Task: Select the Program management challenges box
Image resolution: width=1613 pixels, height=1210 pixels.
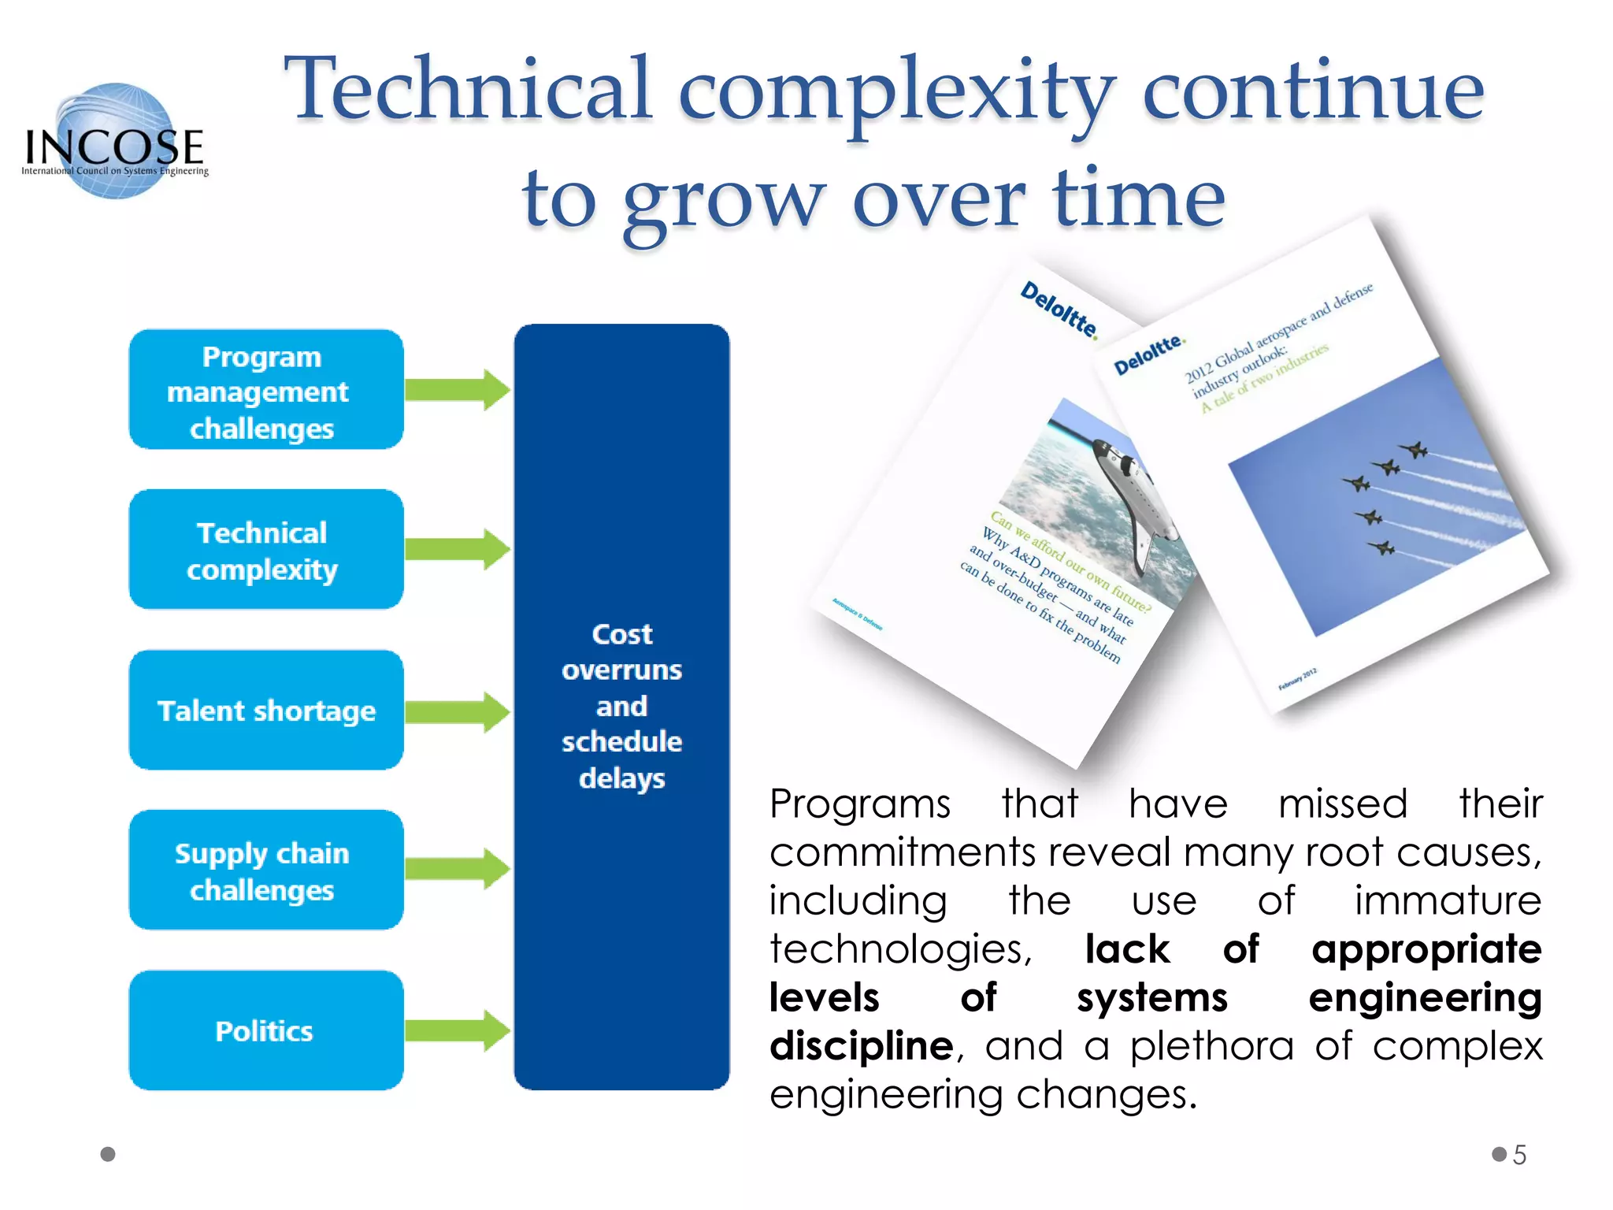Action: [266, 391]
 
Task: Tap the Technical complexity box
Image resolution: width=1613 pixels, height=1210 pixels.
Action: [266, 550]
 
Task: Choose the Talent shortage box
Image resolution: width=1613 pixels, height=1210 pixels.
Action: [266, 711]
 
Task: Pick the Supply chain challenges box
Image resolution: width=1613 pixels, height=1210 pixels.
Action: [266, 870]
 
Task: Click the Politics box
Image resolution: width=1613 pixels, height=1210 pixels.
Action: [266, 1030]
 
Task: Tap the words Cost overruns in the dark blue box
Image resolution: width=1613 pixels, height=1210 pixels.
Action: [621, 652]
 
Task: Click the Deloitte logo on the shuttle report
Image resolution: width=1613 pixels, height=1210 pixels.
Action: [1059, 310]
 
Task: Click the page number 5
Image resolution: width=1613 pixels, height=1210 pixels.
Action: [1519, 1155]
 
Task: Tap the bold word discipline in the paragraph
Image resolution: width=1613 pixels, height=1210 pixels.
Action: [861, 1046]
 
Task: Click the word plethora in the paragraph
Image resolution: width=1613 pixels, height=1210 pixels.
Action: [1211, 1046]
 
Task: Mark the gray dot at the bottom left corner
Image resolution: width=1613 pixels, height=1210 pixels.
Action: [109, 1154]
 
